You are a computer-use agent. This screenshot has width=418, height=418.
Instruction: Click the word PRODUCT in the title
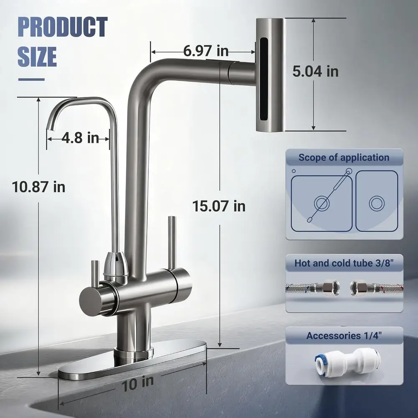[62, 27]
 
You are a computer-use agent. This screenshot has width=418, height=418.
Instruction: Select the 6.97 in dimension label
[206, 51]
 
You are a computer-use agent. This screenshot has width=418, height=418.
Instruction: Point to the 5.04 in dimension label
[315, 71]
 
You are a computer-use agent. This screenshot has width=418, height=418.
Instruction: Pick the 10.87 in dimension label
[38, 187]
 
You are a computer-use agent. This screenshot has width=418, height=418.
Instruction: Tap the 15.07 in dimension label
[219, 206]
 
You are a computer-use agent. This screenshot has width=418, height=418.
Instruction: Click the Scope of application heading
[344, 158]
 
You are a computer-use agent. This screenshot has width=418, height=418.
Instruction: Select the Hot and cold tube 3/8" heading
[344, 263]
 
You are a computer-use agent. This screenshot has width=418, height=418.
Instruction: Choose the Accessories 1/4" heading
[344, 336]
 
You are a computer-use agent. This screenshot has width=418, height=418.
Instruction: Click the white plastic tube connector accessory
[347, 361]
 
